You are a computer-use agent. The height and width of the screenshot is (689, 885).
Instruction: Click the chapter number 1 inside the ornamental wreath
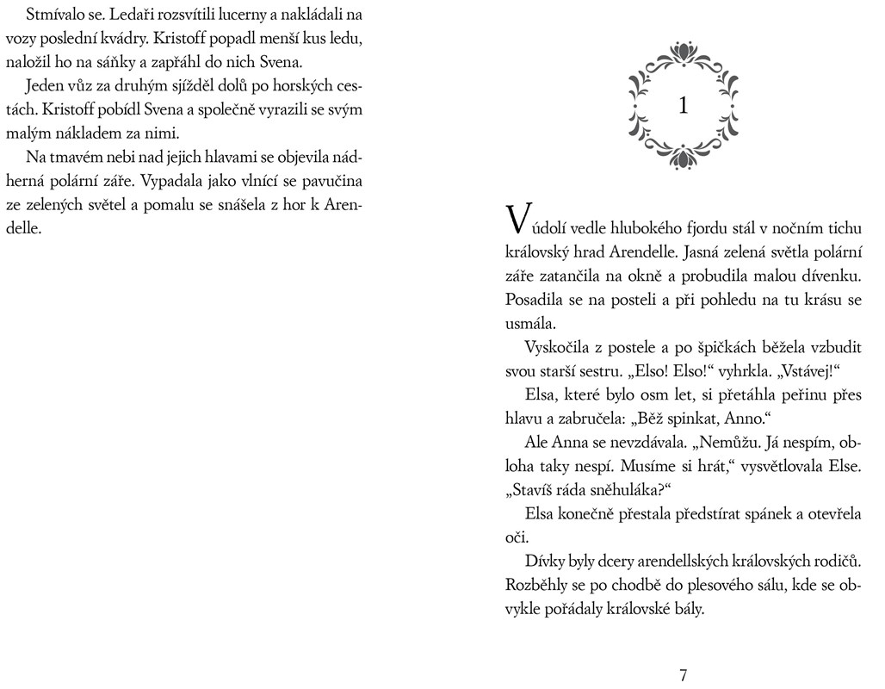tap(684, 106)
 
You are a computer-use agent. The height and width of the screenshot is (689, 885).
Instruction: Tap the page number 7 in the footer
tap(684, 675)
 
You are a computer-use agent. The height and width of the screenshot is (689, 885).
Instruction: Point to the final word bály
tap(685, 609)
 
